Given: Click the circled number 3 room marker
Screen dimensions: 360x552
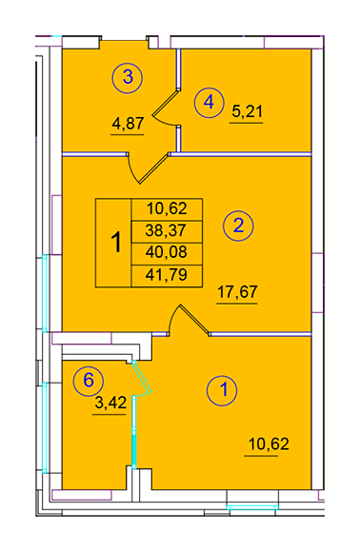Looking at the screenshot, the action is coord(128,77).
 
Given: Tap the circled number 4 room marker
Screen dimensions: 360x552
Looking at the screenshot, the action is coord(210,103).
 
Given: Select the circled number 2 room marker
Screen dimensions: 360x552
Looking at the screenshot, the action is coord(238,226).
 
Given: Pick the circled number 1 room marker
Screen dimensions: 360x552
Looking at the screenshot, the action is coord(222,390).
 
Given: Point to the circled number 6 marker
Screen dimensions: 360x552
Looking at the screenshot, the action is coord(88,381).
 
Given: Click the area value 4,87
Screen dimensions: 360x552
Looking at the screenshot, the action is coord(128,124).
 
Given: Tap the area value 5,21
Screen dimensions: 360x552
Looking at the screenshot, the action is coord(248,111).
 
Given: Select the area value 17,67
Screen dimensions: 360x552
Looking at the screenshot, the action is coord(237,292).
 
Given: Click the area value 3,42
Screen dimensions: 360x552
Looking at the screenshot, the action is coord(110,403).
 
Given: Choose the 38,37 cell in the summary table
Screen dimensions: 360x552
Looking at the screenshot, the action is coord(167,231).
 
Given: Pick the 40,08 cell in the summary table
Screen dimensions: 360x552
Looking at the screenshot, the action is coord(167,253).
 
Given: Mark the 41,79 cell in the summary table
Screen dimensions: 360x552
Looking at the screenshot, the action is coord(167,276).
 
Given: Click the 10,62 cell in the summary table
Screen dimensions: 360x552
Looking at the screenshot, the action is coord(167,209).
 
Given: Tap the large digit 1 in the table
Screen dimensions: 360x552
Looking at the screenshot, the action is coord(116,242).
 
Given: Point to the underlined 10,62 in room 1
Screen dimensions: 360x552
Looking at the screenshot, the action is coord(269,444).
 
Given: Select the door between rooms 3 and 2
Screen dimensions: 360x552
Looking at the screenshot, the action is coord(148,168).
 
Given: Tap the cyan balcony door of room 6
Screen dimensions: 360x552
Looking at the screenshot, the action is coord(142,378).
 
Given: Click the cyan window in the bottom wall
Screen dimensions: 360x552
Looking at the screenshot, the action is coord(252,507).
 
